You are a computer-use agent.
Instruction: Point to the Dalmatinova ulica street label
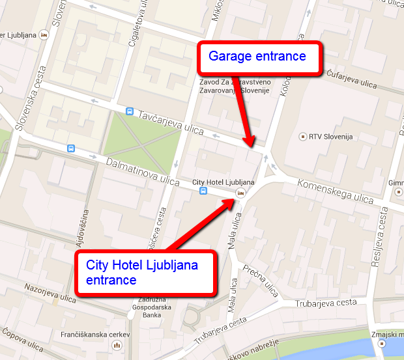point(142,171)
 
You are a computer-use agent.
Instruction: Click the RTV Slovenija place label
point(330,137)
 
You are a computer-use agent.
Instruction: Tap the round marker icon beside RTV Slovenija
point(302,137)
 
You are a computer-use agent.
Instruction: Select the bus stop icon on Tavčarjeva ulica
point(130,112)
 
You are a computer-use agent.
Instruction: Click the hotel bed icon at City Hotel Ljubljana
point(240,193)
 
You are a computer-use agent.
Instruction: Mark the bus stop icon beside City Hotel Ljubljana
point(203,191)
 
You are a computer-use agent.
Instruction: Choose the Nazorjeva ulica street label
point(51,292)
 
